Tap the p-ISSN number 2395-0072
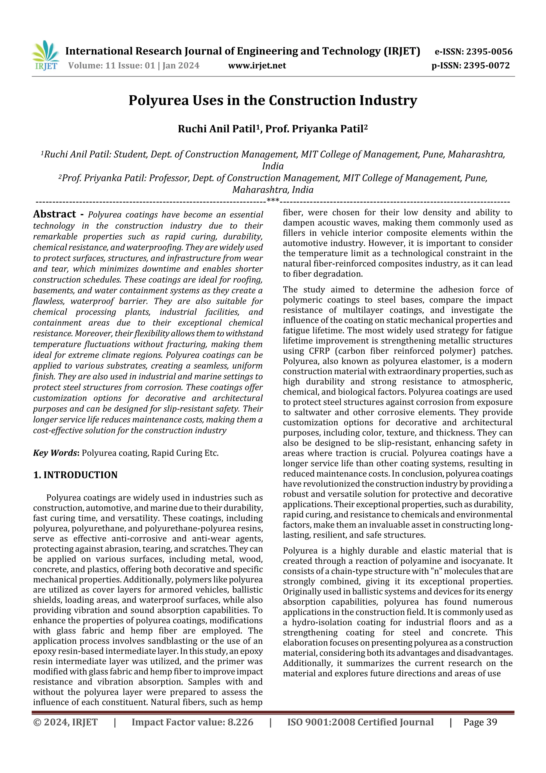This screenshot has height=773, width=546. pos(487,66)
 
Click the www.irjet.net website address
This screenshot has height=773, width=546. pos(257,66)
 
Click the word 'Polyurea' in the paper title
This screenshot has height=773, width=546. pos(159,101)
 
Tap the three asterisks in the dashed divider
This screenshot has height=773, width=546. pos(273,201)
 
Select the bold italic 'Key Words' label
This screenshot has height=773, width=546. pos(55,453)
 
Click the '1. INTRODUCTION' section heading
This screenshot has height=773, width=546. pos(75,475)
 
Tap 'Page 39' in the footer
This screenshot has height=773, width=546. pos(480,722)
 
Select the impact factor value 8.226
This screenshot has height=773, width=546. pos(240,722)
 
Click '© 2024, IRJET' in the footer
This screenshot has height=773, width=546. pos(65,722)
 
